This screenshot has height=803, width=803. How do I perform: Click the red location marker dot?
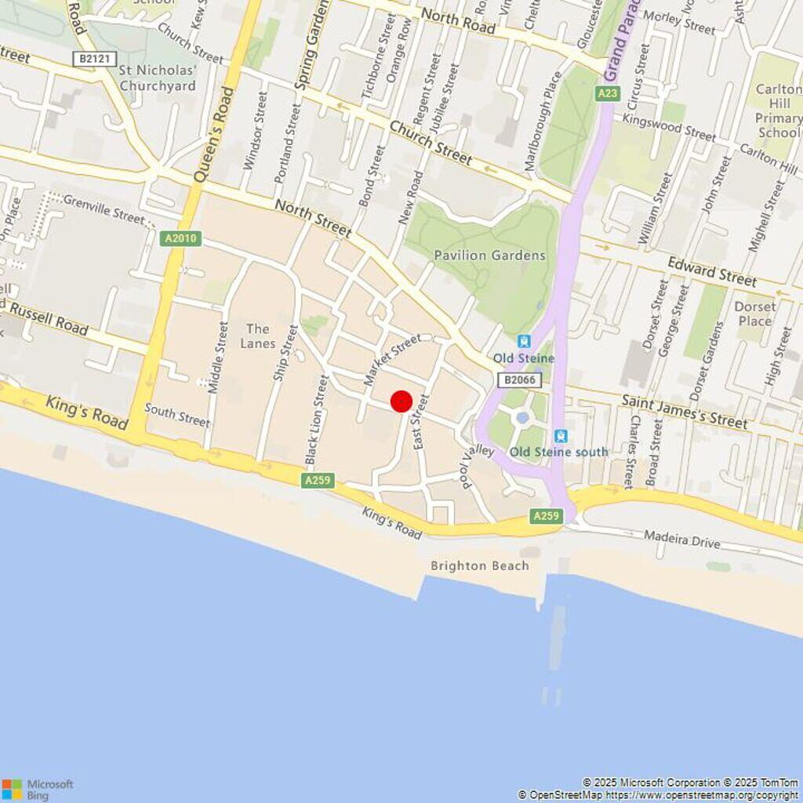pyautogui.click(x=401, y=401)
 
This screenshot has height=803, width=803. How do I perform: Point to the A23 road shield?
pyautogui.click(x=607, y=93)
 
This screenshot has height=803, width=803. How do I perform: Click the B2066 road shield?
pyautogui.click(x=518, y=380)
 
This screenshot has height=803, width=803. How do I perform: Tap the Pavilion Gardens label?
pyautogui.click(x=489, y=255)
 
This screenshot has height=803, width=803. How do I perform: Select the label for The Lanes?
pyautogui.click(x=258, y=336)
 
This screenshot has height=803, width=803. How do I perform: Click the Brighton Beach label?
pyautogui.click(x=479, y=565)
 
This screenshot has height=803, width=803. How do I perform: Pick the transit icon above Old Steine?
pyautogui.click(x=524, y=341)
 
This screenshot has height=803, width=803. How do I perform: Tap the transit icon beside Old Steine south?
pyautogui.click(x=561, y=436)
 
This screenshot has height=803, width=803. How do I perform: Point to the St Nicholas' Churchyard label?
pyautogui.click(x=158, y=78)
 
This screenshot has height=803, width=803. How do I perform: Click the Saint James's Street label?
pyautogui.click(x=684, y=411)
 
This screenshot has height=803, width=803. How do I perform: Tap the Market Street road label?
pyautogui.click(x=391, y=358)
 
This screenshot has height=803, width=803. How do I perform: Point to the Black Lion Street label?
pyautogui.click(x=316, y=420)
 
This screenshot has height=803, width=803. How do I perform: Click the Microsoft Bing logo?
pyautogui.click(x=37, y=789)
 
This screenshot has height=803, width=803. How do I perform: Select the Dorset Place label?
pyautogui.click(x=755, y=314)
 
